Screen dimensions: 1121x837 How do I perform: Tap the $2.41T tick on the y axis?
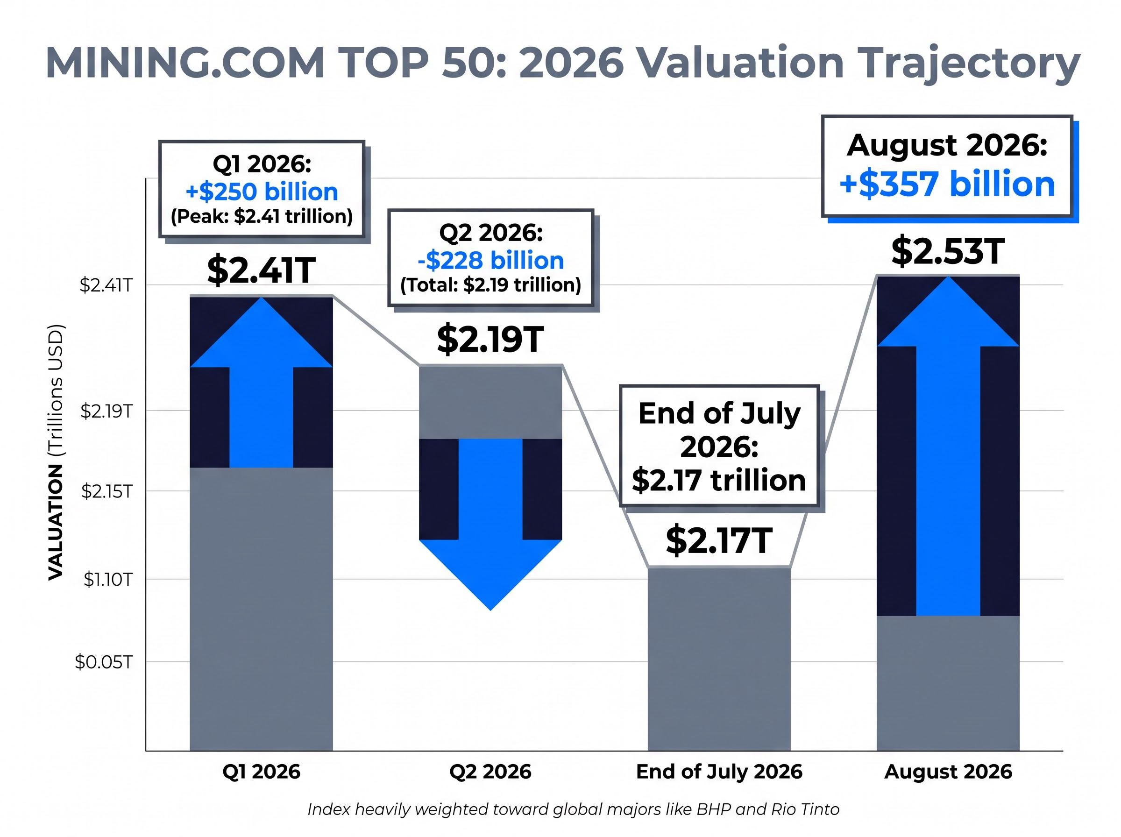[106, 286]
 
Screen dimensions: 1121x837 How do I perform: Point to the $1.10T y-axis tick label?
[108, 579]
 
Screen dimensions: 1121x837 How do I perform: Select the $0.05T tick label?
[104, 662]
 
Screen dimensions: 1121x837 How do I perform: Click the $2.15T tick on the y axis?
[107, 491]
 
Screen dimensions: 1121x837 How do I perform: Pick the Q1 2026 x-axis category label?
[262, 772]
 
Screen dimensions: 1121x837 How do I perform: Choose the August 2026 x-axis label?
[948, 772]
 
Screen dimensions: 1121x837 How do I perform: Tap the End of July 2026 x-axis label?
[719, 772]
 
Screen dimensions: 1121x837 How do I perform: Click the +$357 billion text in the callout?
[947, 184]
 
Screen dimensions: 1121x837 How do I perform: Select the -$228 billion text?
[490, 261]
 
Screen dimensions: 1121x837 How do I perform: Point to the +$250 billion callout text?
[262, 192]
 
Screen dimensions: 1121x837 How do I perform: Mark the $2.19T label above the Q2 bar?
[490, 340]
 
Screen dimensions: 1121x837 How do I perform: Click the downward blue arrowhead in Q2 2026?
[490, 575]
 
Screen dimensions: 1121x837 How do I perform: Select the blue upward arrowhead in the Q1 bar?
[262, 333]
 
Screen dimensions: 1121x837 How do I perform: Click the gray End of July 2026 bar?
[719, 659]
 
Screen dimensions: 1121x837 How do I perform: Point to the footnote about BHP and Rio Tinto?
[574, 809]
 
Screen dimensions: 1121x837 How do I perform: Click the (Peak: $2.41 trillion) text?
[262, 216]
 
